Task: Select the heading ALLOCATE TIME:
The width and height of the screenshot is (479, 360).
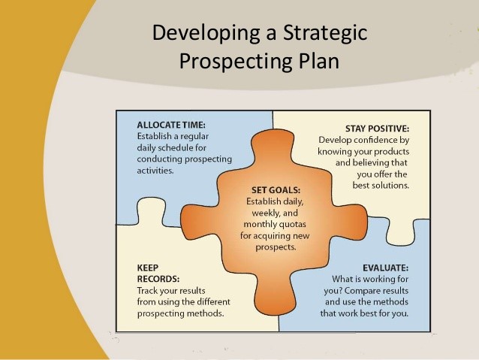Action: tap(170, 125)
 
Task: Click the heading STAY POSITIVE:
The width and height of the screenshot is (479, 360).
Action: tap(377, 128)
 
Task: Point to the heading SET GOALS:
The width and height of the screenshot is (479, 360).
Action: tap(276, 190)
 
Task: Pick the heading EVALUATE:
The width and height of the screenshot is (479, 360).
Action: tap(385, 268)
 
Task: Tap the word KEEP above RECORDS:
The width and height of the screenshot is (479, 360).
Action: tap(148, 267)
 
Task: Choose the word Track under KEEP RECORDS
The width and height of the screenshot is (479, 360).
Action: tap(149, 290)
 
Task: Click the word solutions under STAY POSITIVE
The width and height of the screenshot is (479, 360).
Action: tap(390, 186)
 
